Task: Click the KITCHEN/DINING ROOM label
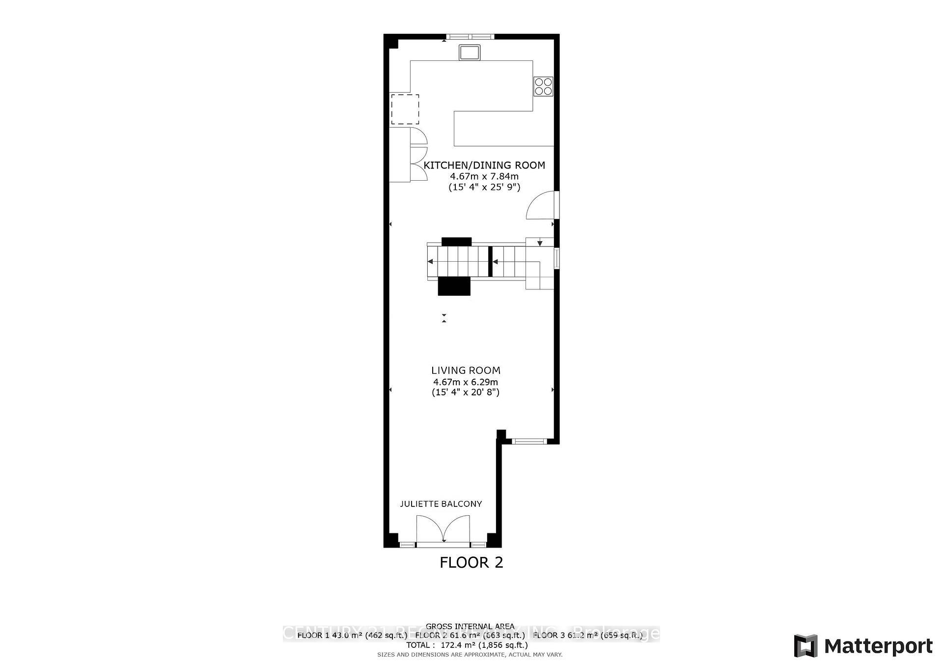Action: (484, 166)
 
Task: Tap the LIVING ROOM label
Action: (466, 371)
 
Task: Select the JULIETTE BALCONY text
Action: (441, 504)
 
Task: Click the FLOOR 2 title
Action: (471, 562)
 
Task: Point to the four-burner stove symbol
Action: (544, 86)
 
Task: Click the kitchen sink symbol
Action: (470, 52)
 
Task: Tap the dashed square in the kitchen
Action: (405, 110)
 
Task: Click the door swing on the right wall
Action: (542, 205)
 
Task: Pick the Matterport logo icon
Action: (805, 646)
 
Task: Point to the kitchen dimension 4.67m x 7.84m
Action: (484, 176)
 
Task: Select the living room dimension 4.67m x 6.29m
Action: (465, 382)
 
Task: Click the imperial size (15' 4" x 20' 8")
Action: (465, 392)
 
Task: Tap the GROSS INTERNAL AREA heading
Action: (470, 626)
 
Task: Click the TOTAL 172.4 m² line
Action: (467, 645)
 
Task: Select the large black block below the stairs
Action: (454, 286)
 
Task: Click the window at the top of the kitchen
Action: (470, 36)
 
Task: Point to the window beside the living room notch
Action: (529, 441)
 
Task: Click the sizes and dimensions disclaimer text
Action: (470, 655)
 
